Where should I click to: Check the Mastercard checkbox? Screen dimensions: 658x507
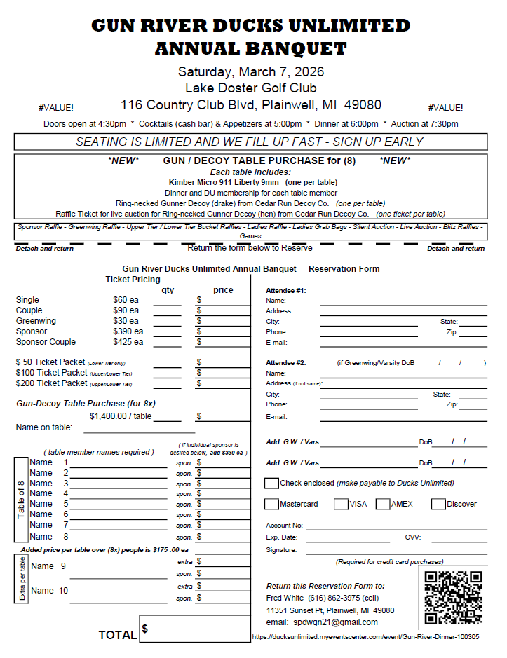coord(271,504)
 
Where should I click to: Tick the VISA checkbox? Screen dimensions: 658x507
coord(341,504)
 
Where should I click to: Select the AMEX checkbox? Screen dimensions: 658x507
coord(383,504)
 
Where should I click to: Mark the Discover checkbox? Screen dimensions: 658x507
coord(438,504)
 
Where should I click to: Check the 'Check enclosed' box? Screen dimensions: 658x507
coord(271,483)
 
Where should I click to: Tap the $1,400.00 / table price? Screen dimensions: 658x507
coord(121,416)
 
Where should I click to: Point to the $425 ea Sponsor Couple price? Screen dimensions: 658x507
coord(128,342)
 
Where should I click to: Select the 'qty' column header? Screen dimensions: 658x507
coord(168,290)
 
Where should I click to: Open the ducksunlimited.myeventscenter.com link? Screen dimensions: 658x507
coord(365,637)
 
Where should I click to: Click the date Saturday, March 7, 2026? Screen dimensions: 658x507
coord(251,72)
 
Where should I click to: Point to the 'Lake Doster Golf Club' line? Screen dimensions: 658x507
coord(251,88)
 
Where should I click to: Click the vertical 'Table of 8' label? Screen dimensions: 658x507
coord(21,500)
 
